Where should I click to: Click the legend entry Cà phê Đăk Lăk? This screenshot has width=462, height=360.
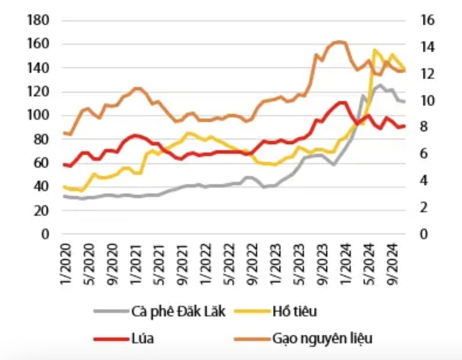(x=178, y=312)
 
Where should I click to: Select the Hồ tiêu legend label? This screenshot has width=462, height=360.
(x=295, y=312)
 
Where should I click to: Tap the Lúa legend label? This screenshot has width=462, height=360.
(x=142, y=339)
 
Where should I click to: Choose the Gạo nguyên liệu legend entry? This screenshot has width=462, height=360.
(x=322, y=339)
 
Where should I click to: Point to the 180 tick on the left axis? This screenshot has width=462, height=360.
(x=38, y=20)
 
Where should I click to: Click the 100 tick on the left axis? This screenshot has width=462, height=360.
(x=38, y=116)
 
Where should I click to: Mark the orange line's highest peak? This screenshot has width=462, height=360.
(x=340, y=42)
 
